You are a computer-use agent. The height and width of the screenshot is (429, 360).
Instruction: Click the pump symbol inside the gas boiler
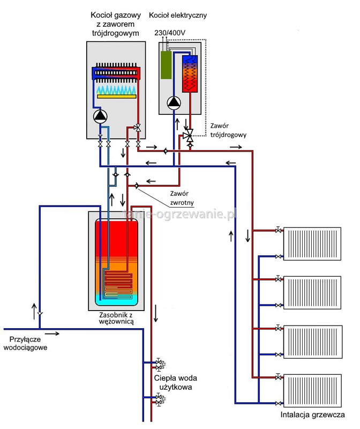point(100,116)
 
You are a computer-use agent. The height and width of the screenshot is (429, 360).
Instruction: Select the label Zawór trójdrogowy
point(229,130)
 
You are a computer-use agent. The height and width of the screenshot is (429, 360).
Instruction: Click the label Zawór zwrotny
point(181,198)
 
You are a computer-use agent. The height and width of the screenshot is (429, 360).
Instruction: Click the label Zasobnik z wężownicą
point(116,317)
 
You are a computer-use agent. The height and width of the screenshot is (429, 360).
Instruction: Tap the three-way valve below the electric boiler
point(189,136)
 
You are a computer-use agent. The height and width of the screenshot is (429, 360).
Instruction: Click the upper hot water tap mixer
point(159,364)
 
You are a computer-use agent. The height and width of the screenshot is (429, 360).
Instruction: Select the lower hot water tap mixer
point(159,398)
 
